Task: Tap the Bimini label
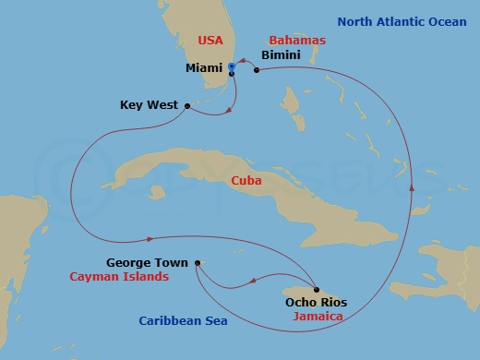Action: coord(281,55)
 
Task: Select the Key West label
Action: coord(150,105)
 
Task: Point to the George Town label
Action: coord(148,262)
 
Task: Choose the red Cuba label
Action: coord(246,181)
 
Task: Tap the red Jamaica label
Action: coord(318,317)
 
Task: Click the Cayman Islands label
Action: coord(119,277)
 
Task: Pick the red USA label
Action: coord(213,41)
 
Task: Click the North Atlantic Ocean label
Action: coord(408,21)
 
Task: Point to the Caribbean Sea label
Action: coord(183,321)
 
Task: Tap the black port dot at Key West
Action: coord(188,105)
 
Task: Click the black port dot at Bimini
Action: coord(256,68)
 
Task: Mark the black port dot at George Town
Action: coord(196,263)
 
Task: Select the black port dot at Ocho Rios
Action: coord(317,289)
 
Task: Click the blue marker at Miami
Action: coord(232,67)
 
